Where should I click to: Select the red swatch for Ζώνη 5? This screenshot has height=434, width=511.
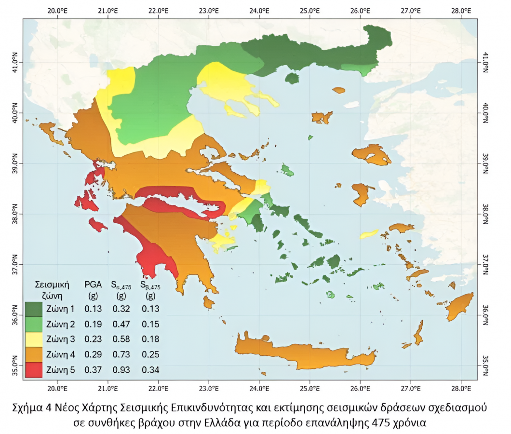[34, 370]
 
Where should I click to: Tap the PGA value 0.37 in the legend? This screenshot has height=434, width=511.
[93, 370]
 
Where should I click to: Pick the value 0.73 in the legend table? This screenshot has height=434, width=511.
[122, 355]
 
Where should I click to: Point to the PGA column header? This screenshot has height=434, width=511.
[93, 284]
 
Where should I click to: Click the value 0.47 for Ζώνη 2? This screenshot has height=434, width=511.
[122, 324]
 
